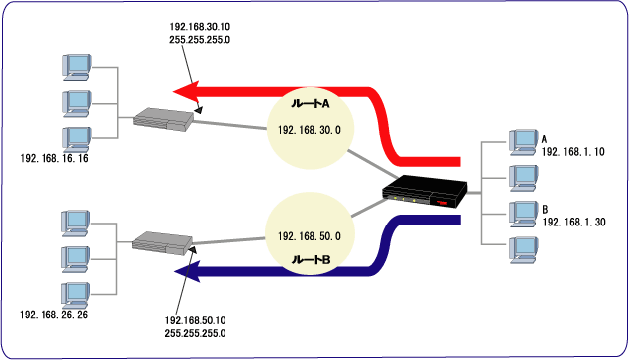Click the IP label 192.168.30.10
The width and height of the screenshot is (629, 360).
point(200,27)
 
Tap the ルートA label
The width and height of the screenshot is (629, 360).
point(311,104)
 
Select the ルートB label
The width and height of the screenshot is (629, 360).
point(311,260)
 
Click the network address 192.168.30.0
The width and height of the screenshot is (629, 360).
point(310,130)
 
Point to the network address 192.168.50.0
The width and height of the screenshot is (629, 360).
point(310,236)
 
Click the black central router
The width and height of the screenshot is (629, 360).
point(424,192)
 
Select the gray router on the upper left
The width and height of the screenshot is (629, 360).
point(163,119)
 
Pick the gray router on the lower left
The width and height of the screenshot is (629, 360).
point(162,243)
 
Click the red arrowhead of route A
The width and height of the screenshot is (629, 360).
point(186,92)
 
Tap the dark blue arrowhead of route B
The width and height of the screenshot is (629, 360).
point(187,272)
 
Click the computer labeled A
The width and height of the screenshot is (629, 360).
point(523,142)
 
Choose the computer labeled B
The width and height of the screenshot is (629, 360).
point(523,214)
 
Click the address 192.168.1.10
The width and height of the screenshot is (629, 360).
point(574,152)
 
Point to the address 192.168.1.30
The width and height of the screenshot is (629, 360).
point(574,222)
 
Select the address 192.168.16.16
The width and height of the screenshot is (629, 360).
point(54,158)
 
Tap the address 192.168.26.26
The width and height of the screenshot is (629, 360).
point(53,315)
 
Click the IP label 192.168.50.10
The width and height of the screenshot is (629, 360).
point(196,320)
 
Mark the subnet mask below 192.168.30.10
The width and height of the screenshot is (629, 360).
point(200,40)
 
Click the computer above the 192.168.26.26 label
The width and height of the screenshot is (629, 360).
point(75,295)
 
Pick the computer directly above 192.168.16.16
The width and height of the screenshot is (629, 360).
point(76,139)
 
